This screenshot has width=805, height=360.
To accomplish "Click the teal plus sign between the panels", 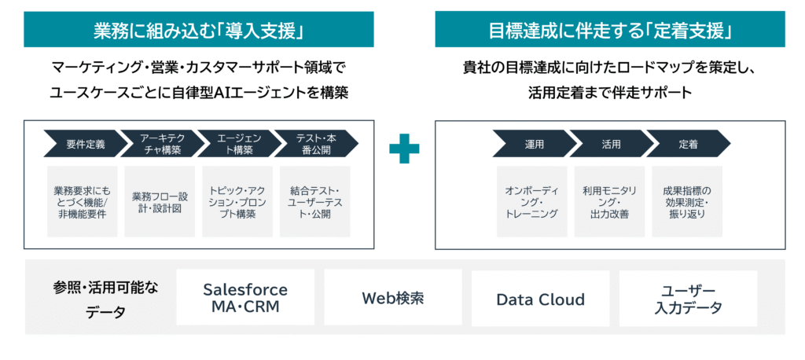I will [x=404, y=148].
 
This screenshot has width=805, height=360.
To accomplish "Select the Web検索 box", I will [x=392, y=298].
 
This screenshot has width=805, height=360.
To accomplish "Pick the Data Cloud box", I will [x=540, y=299].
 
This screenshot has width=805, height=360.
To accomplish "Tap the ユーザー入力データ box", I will [x=688, y=299].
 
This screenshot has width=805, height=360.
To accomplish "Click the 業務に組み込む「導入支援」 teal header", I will [x=197, y=31].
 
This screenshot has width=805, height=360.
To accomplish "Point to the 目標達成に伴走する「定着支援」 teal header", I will [x=610, y=31].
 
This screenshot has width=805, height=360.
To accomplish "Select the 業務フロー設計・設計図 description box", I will [x=160, y=201].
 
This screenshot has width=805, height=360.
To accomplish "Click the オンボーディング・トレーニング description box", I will [x=531, y=201].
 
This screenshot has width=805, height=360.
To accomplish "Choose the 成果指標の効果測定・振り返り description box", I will [x=686, y=201].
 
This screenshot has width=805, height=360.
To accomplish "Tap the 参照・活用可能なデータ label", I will [x=105, y=299].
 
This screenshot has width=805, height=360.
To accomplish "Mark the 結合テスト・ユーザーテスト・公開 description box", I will [x=314, y=201].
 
